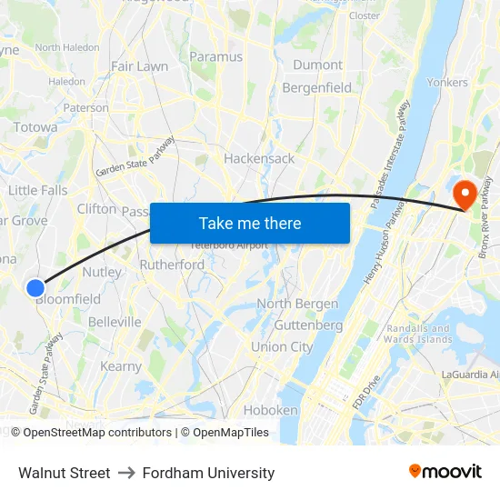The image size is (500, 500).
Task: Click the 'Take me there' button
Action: coord(250,223)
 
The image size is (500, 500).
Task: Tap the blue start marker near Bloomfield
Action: coord(35,288)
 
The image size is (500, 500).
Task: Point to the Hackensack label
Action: coord(259,158)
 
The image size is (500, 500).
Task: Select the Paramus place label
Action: coord(215,56)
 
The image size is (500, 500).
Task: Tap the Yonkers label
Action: coord(447,82)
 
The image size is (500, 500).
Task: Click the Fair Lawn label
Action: coord(139,66)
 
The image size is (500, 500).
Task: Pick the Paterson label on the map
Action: coord(86,107)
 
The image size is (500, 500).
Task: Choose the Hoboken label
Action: coord(271,410)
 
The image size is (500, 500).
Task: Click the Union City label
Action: coord(282,346)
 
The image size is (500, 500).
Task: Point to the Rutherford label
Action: coord(172,265)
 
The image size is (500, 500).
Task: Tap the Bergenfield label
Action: coord(317,87)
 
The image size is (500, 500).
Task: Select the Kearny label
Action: coord(121,366)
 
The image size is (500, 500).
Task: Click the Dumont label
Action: coord(318,65)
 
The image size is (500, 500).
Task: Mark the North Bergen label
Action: coord(297,304)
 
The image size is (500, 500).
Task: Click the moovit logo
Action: coord(445,472)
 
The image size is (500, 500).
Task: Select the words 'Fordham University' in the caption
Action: coord(207,473)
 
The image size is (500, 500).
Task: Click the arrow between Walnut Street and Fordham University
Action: coord(125,473)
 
